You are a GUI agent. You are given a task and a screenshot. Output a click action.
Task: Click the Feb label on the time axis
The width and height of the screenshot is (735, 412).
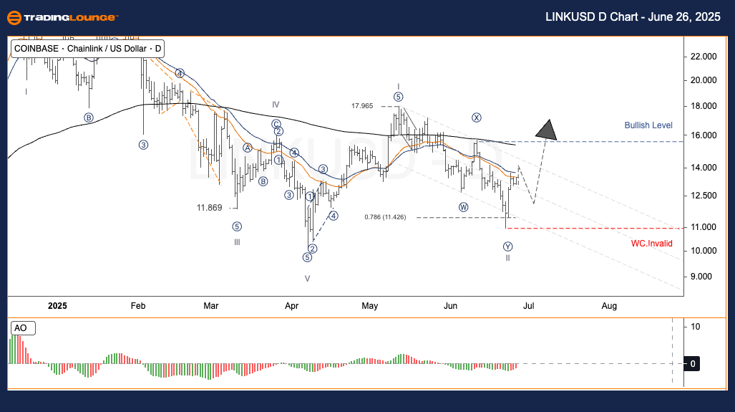[x=138, y=306]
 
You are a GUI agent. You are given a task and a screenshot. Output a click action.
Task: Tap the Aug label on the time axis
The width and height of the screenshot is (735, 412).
[x=609, y=306]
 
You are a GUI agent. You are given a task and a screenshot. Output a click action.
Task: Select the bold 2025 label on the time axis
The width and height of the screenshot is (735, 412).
[x=57, y=306]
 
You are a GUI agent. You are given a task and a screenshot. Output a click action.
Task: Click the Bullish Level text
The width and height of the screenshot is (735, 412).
[x=648, y=125]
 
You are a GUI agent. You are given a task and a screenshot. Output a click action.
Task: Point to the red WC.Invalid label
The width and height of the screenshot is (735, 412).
[x=651, y=243]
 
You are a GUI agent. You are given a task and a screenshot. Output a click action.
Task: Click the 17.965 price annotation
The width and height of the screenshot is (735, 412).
[x=362, y=106]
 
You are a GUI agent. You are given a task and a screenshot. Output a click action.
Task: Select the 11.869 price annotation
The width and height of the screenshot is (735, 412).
[x=210, y=208]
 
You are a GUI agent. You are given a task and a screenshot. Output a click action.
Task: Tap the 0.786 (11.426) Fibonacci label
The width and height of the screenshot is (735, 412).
[x=385, y=217]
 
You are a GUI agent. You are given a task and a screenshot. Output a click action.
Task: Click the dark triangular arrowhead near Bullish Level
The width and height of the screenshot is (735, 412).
[x=547, y=130]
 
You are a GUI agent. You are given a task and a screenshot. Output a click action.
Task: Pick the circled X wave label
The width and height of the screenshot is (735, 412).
[x=476, y=118]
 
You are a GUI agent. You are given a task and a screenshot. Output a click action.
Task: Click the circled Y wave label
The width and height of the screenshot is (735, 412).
[x=507, y=246]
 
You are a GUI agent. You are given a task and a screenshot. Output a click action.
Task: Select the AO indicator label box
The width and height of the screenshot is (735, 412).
[x=21, y=328]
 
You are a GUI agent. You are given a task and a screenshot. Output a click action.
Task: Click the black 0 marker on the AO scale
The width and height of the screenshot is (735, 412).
[x=693, y=364]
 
